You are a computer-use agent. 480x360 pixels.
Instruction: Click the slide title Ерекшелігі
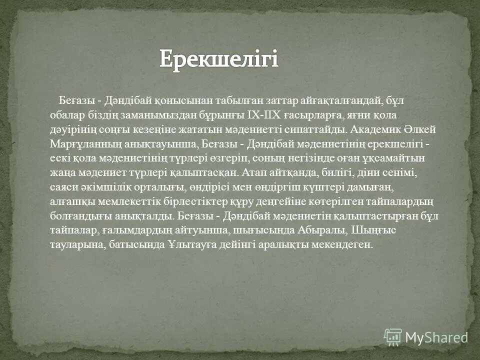(218, 59)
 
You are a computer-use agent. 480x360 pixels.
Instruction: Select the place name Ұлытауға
(191, 245)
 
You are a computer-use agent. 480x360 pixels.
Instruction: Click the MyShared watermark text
(436, 337)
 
